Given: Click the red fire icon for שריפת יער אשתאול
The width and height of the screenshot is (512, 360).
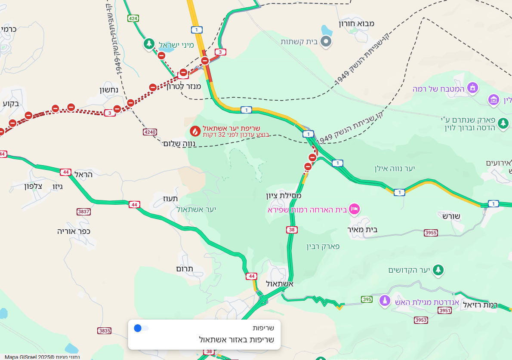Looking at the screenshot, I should (195, 131).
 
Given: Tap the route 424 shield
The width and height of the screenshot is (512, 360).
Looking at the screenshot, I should (133, 18).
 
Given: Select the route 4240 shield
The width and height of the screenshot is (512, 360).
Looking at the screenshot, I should (150, 132).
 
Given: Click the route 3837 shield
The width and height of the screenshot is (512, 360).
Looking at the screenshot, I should (83, 212).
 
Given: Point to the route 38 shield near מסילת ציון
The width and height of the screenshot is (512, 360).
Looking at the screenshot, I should (292, 230).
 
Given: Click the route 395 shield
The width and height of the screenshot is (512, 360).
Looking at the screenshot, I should (367, 299).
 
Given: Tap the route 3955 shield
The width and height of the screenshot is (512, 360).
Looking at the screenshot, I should (430, 233).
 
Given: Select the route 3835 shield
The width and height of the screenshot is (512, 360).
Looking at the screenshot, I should (105, 331).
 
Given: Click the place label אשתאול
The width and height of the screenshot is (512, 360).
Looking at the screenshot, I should (280, 284).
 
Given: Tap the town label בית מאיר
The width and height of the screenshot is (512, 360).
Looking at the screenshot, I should (363, 230).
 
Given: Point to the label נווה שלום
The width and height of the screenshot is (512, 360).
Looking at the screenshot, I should (180, 143).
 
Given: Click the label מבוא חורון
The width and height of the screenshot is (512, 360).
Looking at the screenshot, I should (357, 24).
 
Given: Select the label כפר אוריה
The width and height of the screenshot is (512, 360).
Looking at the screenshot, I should (74, 231).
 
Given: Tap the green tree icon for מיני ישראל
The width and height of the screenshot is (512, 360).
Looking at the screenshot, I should (149, 44).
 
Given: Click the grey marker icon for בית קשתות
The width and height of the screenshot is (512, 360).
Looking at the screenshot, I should (327, 41).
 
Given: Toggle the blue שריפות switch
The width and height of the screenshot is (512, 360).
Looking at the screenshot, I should (141, 328).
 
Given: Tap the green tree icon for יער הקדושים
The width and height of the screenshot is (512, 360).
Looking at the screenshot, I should (438, 270).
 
